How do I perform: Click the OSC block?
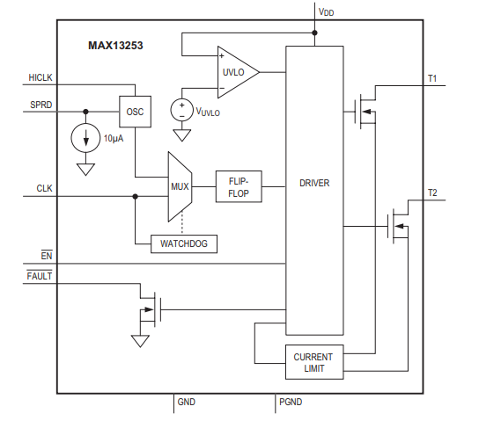click(x=135, y=112)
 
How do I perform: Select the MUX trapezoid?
click(x=180, y=185)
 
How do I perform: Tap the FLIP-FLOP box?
click(x=239, y=186)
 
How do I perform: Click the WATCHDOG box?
click(x=184, y=243)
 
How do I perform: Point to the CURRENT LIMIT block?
click(x=313, y=362)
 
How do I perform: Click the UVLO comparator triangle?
click(x=236, y=72)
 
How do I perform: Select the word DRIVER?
click(x=314, y=183)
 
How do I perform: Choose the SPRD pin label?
click(x=41, y=105)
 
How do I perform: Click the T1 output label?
click(x=432, y=79)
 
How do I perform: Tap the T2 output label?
click(x=432, y=192)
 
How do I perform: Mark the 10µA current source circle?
click(x=85, y=138)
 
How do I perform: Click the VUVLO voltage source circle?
click(x=182, y=110)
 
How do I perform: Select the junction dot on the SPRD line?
click(x=85, y=112)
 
